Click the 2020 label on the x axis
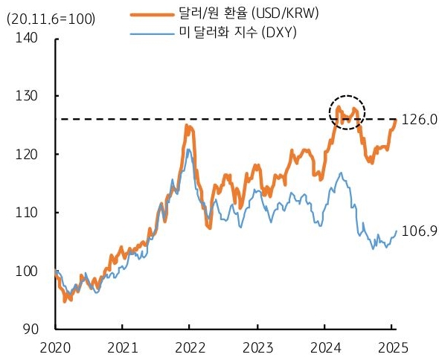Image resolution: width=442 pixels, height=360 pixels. tap(55, 347)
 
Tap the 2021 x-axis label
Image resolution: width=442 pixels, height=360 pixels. tap(122, 347)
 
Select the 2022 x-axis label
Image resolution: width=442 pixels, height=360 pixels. tap(189, 347)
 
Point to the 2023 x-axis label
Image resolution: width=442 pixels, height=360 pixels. tap(257, 347)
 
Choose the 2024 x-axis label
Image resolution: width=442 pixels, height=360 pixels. tap(324, 347)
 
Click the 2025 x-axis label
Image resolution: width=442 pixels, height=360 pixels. tap(391, 347)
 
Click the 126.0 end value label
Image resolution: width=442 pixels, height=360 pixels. tap(418, 119)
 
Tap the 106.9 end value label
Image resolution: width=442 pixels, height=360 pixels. tap(418, 231)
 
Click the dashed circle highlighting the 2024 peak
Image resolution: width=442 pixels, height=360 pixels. tap(346, 112)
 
